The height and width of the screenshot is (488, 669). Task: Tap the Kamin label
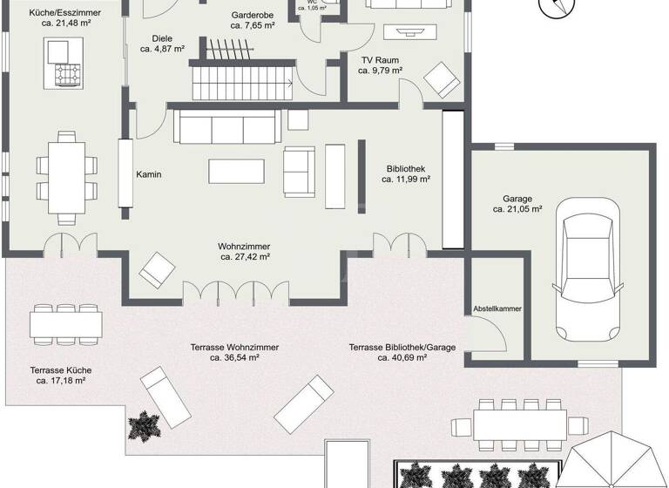149,174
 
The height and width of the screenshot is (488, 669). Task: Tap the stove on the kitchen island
69,76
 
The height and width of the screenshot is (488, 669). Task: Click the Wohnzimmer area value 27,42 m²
244,258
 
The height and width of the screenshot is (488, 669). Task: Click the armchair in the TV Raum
441,80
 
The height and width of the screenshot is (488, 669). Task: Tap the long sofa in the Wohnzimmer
226,129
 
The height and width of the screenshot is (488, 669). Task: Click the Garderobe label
253,16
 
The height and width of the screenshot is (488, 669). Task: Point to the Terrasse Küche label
59,369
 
